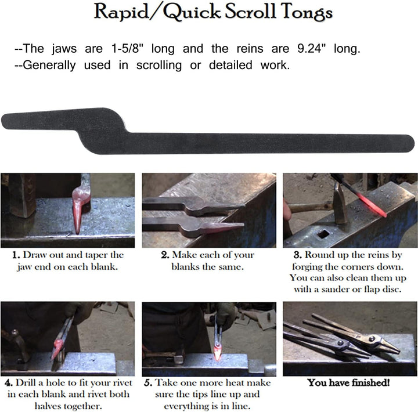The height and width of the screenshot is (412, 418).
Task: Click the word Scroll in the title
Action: [250, 12]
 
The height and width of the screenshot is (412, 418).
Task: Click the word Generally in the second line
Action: [49, 66]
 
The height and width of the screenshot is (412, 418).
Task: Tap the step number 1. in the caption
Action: [16, 255]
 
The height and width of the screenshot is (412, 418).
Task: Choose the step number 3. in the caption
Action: [297, 255]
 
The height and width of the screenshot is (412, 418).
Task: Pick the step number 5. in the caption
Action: [148, 383]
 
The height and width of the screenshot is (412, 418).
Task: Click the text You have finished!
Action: [348, 382]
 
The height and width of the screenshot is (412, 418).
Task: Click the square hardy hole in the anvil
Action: [323, 234]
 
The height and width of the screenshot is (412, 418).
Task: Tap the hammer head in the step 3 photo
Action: [340, 203]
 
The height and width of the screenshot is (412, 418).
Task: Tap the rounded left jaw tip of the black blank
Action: [6, 121]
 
